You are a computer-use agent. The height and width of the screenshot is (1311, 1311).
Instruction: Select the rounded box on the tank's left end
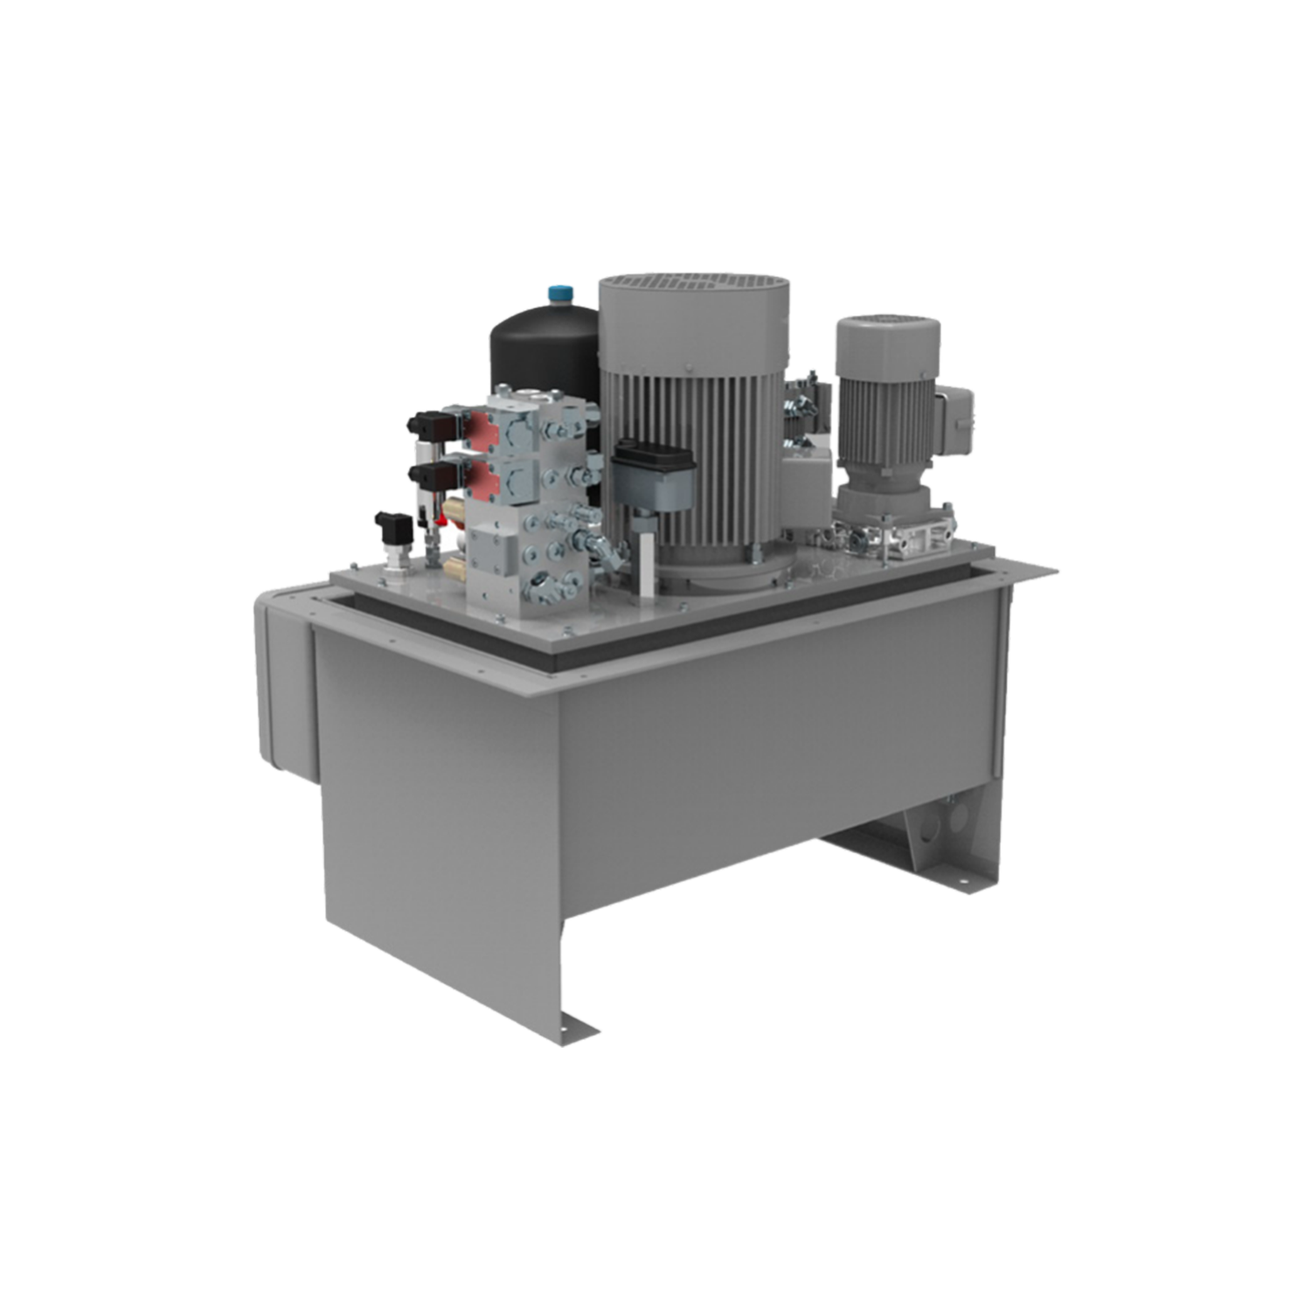pos(281,682)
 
